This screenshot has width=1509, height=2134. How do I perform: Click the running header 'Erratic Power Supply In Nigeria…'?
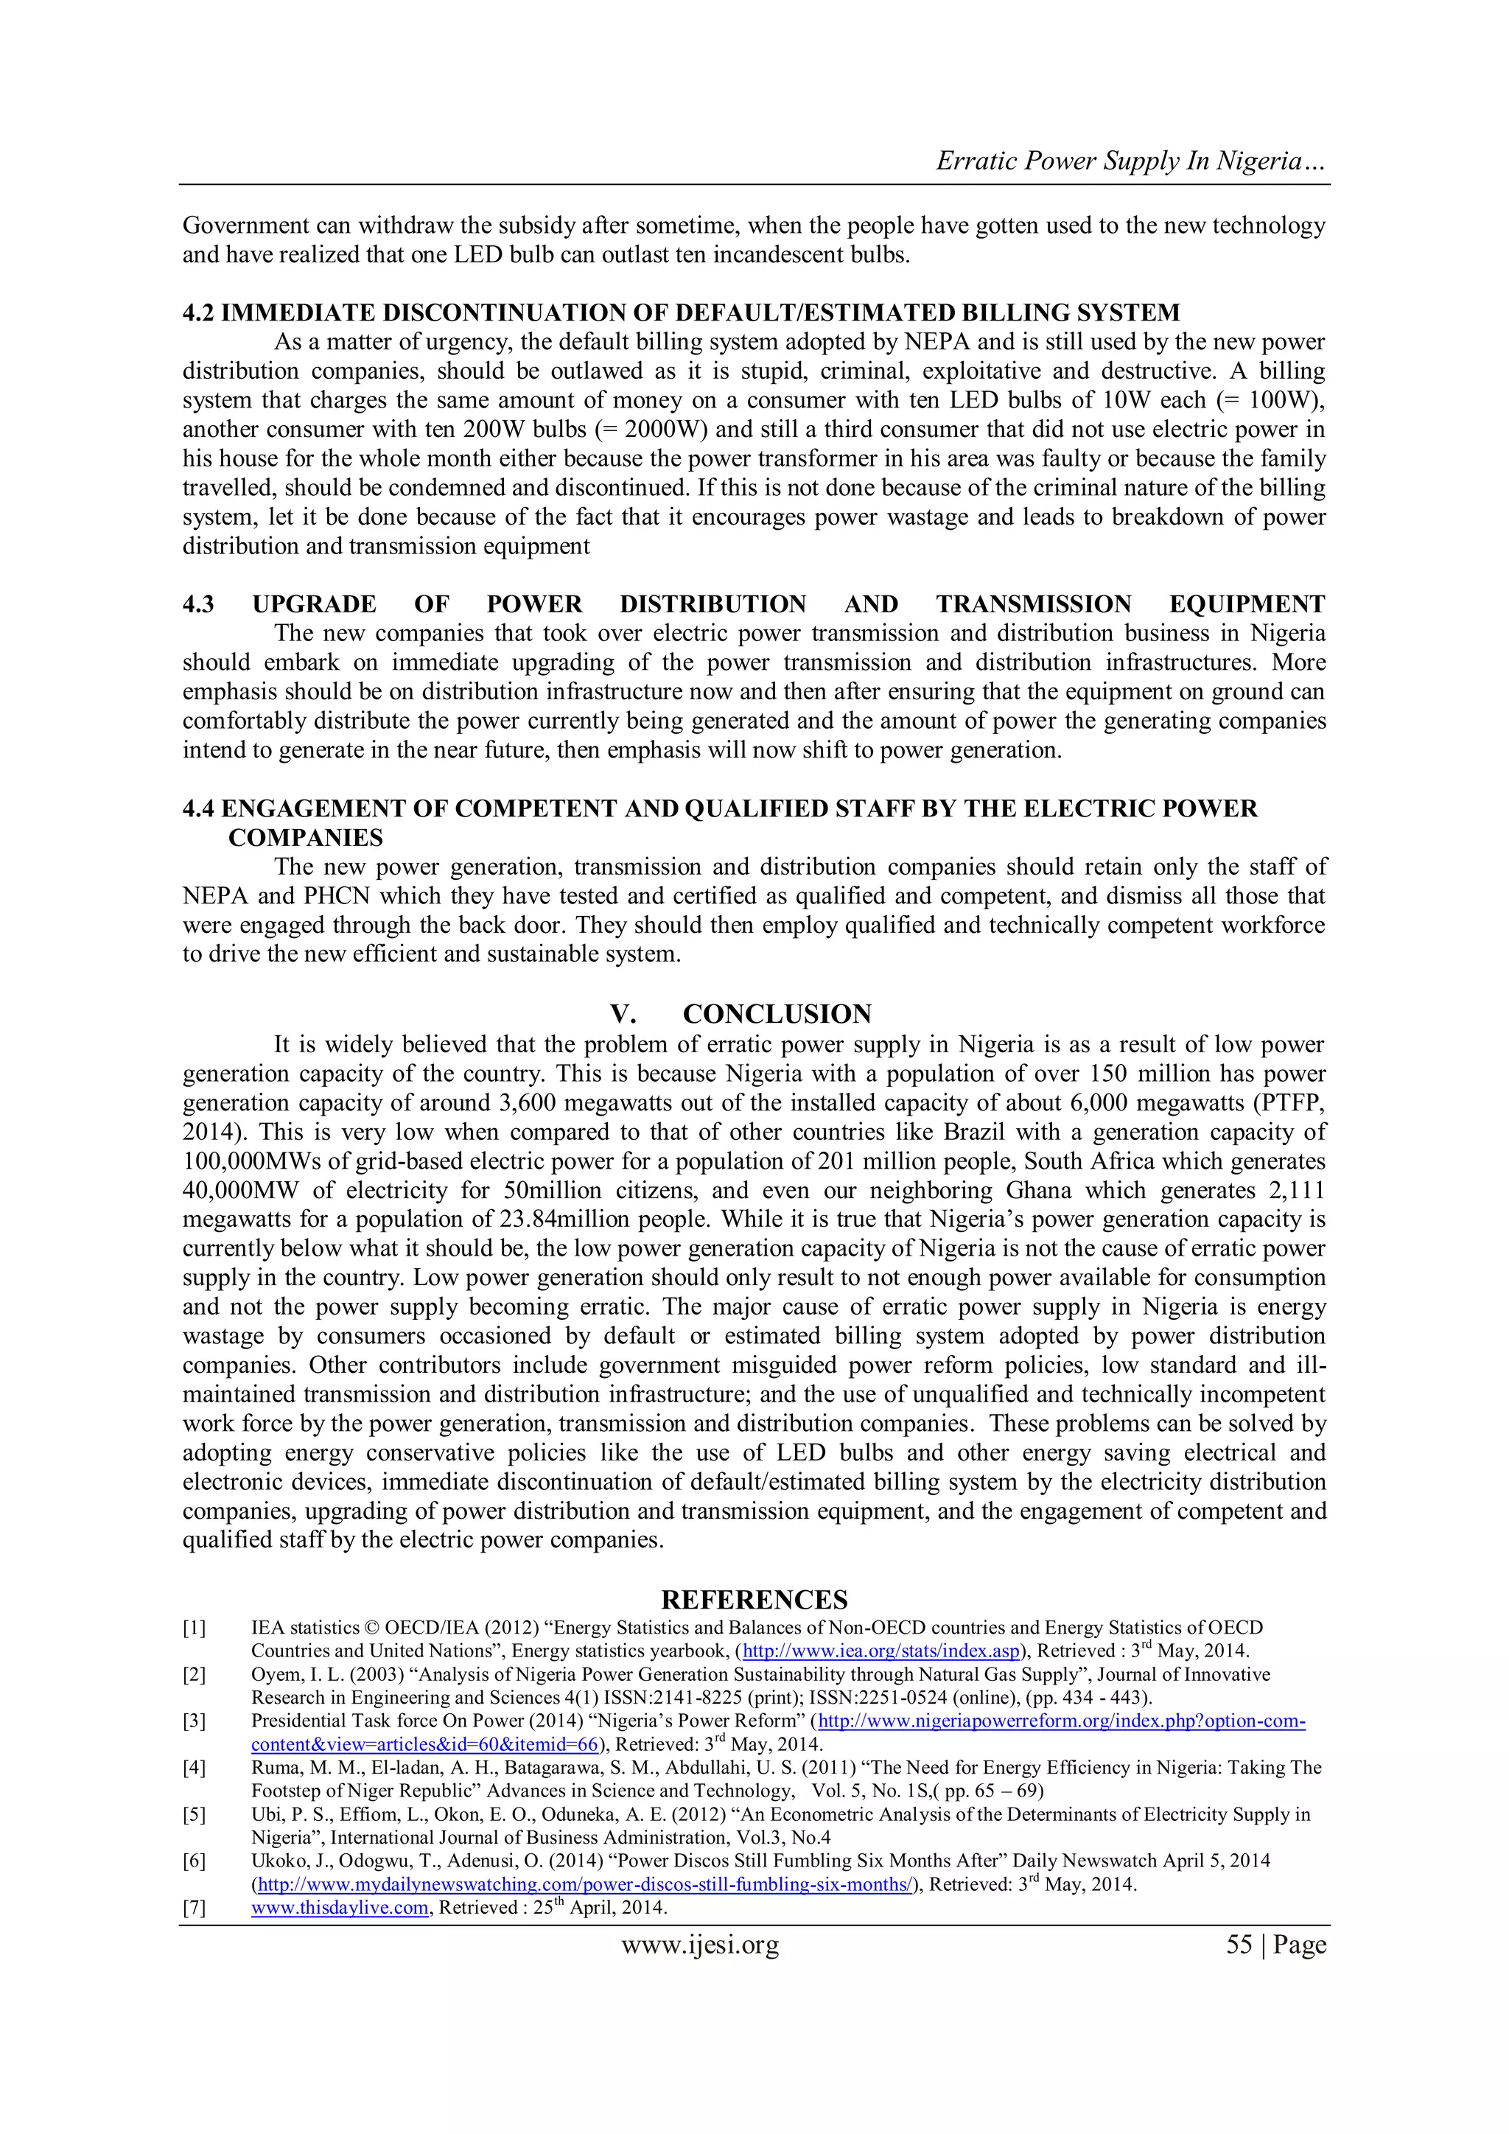1130,161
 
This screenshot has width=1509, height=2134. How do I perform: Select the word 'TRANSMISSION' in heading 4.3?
1033,604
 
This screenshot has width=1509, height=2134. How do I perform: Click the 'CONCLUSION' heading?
777,1014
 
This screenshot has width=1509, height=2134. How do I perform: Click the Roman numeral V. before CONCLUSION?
623,1014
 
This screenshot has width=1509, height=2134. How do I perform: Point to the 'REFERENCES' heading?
754,1600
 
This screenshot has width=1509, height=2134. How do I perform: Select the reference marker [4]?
195,1768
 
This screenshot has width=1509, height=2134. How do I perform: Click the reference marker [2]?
195,1675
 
